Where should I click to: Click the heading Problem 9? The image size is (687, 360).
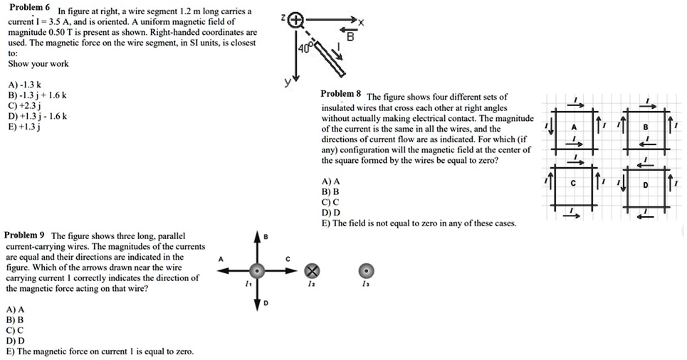pos(25,235)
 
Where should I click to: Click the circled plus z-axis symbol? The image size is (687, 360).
pos(298,21)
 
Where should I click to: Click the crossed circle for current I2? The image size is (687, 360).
pos(312,270)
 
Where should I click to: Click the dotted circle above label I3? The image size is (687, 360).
pos(366,270)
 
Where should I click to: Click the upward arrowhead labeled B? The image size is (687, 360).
pos(258,238)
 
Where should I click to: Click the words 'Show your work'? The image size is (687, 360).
pos(38,64)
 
